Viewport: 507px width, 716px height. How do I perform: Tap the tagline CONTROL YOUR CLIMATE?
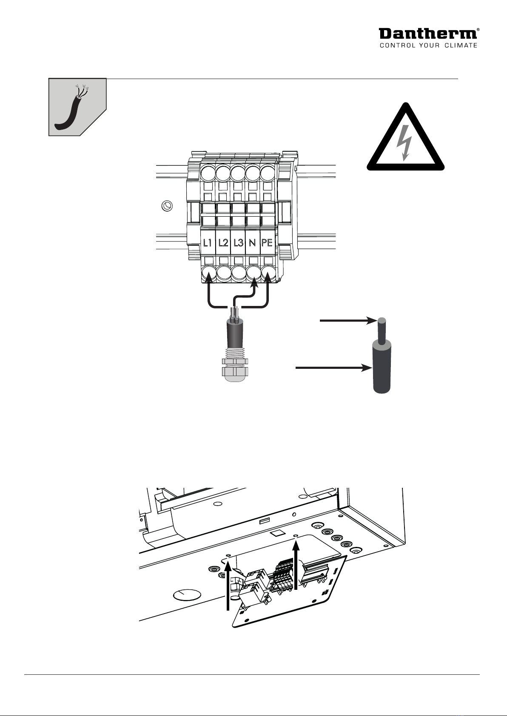coord(428,45)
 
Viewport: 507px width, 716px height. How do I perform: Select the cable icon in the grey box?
coord(73,106)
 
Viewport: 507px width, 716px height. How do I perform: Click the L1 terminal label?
coord(208,243)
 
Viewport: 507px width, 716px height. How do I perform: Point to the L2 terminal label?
coord(223,243)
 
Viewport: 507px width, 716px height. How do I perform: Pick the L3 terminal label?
coord(238,243)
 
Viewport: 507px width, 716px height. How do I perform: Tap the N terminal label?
coord(252,243)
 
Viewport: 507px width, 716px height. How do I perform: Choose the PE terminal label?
coord(267,243)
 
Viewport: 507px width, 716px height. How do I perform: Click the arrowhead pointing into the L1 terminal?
coord(209,277)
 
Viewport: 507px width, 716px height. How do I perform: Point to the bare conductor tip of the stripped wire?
coord(382,322)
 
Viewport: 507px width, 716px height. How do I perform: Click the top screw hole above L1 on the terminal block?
coord(208,173)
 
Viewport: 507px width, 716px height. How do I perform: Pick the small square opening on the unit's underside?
coord(276,532)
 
